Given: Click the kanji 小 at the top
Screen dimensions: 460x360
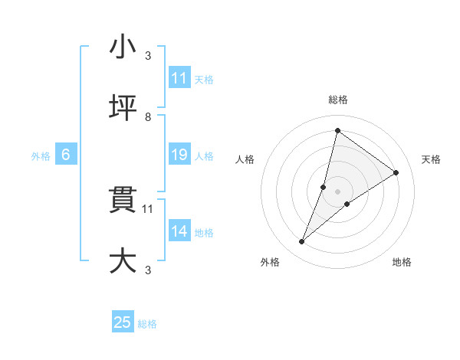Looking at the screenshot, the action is pos(123,47).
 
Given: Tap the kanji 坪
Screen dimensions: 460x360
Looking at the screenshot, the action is pos(123,108).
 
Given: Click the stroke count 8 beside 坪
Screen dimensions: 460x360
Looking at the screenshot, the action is pos(148,117).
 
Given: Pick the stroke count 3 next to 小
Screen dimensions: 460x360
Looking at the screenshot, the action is pos(148,56).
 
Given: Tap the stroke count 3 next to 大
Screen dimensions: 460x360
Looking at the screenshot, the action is pos(148,270).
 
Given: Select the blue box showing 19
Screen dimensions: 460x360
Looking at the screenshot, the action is pos(179,155).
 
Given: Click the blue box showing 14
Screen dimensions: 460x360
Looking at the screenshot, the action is pos(179,231).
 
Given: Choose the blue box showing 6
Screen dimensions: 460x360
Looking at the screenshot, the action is pos(66,155).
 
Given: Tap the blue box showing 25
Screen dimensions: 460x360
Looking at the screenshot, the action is pos(123,322).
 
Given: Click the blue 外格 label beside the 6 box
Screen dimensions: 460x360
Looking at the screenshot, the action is pos(41,155).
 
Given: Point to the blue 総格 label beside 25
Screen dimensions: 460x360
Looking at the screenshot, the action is pos(147,324).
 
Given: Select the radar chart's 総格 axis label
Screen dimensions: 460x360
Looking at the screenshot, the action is pos(338,100).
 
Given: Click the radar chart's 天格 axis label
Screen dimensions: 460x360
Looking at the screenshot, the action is pos(431,159).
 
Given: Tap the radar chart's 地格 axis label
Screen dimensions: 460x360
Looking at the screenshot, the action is pos(402,262).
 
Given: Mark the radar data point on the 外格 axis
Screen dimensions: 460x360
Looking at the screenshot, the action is pos(302,242).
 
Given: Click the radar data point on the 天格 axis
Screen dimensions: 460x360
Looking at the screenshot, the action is pos(396,172).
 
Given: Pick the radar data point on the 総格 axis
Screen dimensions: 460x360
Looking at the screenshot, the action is pos(337,130).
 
